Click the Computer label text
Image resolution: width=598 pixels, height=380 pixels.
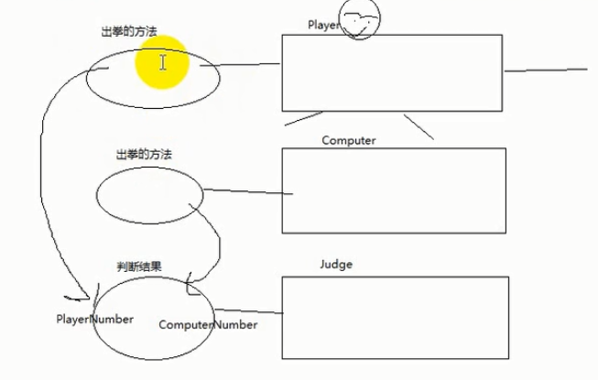pyautogui.click(x=349, y=140)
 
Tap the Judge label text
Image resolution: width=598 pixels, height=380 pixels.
pyautogui.click(x=336, y=265)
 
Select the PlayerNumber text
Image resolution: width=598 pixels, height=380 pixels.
pyautogui.click(x=94, y=320)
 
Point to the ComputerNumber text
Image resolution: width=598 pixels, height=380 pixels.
pyautogui.click(x=208, y=324)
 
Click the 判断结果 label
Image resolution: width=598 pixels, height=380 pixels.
pyautogui.click(x=139, y=266)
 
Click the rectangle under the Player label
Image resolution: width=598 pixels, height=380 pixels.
pyautogui.click(x=392, y=72)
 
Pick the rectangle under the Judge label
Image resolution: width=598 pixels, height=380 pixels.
pyautogui.click(x=395, y=317)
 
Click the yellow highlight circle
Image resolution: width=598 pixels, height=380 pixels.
pyautogui.click(x=162, y=63)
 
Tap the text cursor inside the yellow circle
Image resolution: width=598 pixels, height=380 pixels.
pyautogui.click(x=163, y=62)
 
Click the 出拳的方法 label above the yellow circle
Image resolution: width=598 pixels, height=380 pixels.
pyautogui.click(x=128, y=31)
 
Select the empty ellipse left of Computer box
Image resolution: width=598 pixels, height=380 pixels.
pyautogui.click(x=149, y=196)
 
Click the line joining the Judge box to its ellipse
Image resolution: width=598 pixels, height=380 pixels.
pyautogui.click(x=247, y=313)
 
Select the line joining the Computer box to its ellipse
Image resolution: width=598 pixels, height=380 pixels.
pyautogui.click(x=247, y=192)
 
